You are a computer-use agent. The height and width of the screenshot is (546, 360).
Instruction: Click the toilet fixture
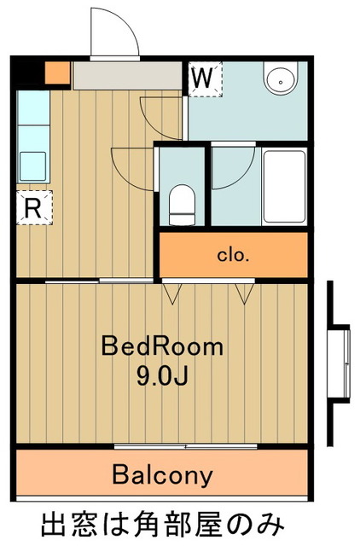pyautogui.click(x=182, y=205)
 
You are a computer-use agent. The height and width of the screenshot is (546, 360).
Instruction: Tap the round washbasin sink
pyautogui.click(x=281, y=78)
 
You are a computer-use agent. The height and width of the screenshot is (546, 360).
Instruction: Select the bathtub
pyautogui.click(x=284, y=187)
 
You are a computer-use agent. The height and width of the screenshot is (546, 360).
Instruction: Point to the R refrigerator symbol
pyautogui.click(x=34, y=207)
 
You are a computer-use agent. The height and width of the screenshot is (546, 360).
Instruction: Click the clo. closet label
pyautogui.click(x=233, y=255)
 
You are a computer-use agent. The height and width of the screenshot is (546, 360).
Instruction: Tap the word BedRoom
pyautogui.click(x=162, y=346)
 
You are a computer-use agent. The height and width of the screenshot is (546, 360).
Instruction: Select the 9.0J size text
pyautogui.click(x=162, y=376)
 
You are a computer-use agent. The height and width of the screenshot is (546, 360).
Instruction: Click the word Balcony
pyautogui.click(x=162, y=474)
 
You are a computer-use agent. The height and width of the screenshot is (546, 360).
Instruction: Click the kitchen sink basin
pyautogui.click(x=33, y=166)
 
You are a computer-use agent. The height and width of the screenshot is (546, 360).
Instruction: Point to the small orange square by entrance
pyautogui.click(x=58, y=73)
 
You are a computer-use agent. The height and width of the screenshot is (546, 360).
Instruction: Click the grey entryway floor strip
pyautogui.click(x=128, y=76)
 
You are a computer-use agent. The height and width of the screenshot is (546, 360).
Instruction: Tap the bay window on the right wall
pyautogui.click(x=340, y=363)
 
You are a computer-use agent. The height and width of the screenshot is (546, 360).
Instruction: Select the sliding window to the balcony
pyautogui.click(x=186, y=446)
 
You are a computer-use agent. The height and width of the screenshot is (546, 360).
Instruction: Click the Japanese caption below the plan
pyautogui.click(x=163, y=525)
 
